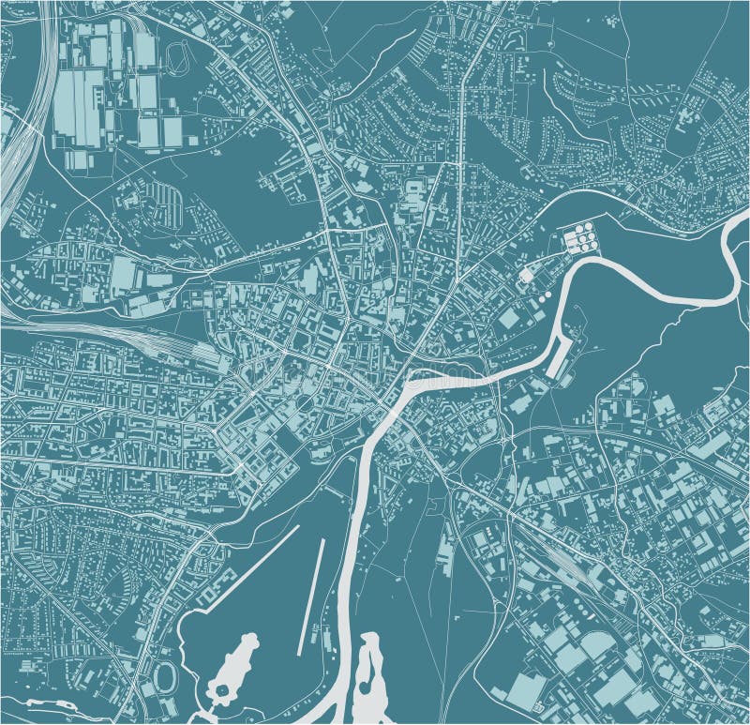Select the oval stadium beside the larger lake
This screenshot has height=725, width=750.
click(x=167, y=675)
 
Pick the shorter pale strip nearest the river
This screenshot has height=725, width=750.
click(x=312, y=597)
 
